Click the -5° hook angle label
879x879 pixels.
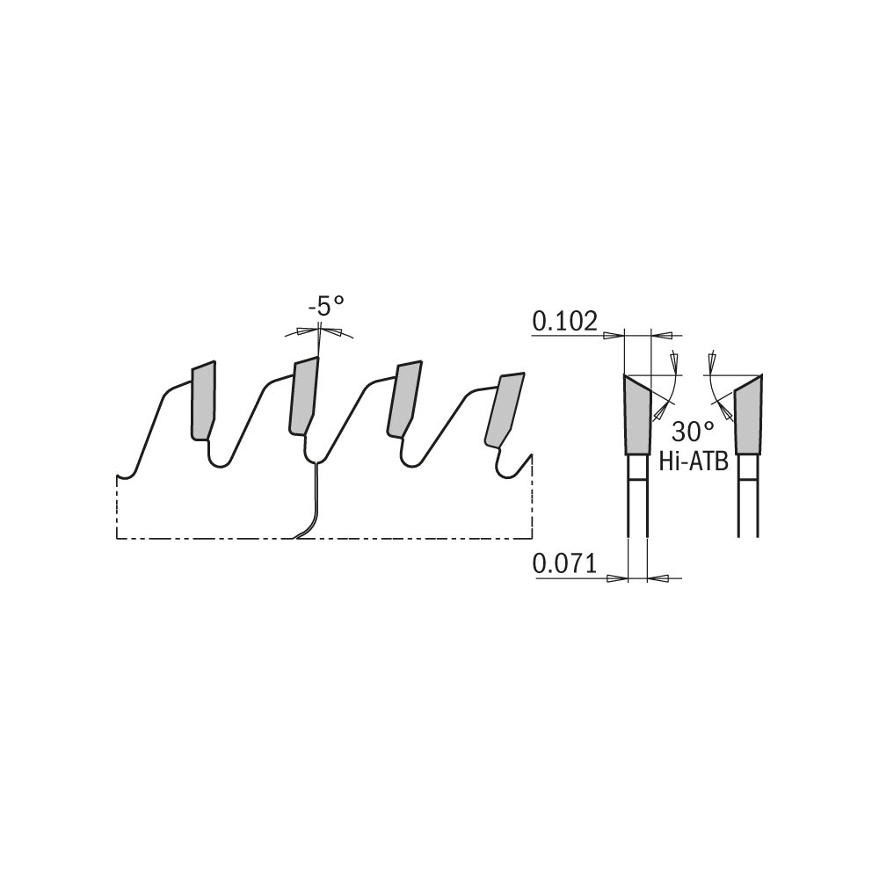[326, 307]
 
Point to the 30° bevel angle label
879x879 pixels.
[693, 432]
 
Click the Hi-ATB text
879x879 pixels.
[693, 461]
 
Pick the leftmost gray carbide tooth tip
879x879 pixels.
[204, 401]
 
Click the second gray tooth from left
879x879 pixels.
[303, 396]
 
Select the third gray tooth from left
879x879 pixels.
[403, 399]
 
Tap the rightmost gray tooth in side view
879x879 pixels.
[504, 410]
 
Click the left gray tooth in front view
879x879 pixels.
[637, 415]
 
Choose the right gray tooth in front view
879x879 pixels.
[747, 415]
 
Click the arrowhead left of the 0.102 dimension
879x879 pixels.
[614, 335]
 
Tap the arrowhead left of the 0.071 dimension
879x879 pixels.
[618, 577]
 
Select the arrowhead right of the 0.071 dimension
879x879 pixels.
[657, 577]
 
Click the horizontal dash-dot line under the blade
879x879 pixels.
[324, 539]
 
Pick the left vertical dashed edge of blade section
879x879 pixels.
[117, 507]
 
